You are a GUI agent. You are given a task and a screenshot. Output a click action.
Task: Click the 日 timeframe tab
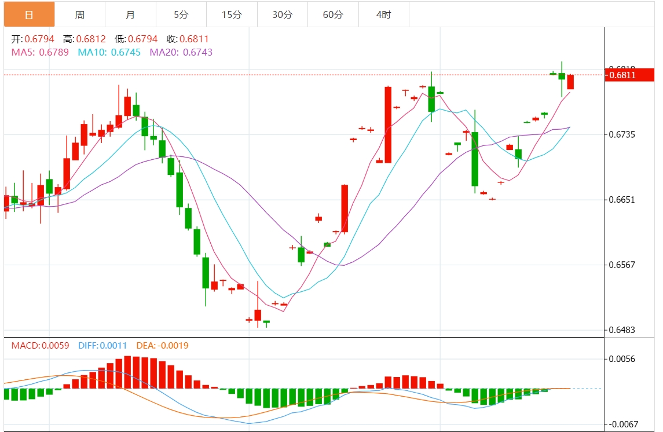(29, 14)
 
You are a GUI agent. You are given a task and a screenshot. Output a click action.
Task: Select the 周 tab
(80, 14)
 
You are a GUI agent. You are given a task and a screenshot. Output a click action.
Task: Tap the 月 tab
(130, 14)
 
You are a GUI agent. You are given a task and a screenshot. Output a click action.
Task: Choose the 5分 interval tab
(181, 14)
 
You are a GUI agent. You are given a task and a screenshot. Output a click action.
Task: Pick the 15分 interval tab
(232, 14)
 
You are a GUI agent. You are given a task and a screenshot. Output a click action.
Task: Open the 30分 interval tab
(283, 14)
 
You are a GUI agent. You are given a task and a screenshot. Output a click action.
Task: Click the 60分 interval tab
(333, 14)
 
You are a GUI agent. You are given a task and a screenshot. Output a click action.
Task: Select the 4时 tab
(383, 14)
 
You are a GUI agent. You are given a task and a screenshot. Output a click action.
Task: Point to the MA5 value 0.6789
(54, 52)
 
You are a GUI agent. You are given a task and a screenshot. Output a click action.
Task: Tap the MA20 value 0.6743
(197, 52)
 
